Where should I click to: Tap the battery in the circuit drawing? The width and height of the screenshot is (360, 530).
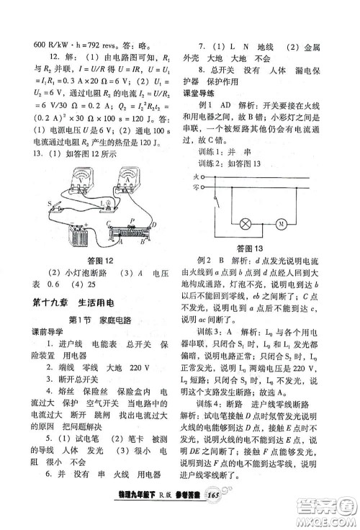(79, 233)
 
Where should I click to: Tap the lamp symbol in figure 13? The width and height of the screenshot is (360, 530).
(247, 224)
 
